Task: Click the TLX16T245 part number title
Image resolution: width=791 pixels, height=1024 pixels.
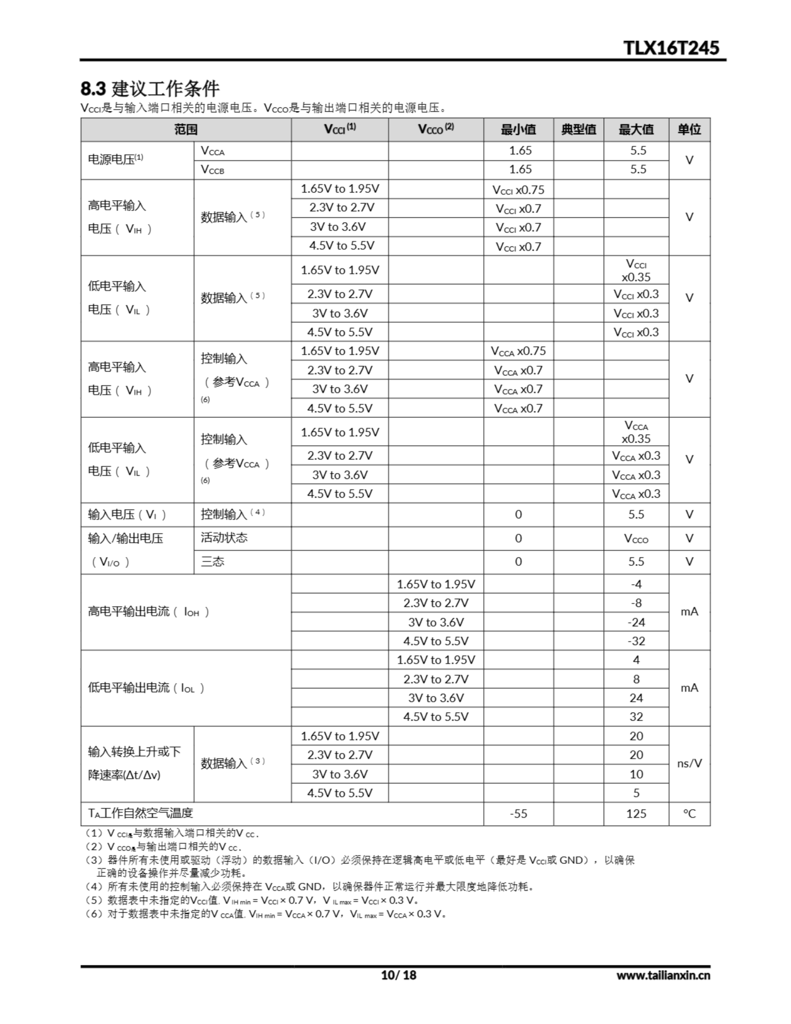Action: [671, 48]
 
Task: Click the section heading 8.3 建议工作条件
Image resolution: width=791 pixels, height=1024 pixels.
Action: [150, 88]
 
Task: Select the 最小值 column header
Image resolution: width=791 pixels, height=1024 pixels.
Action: [518, 130]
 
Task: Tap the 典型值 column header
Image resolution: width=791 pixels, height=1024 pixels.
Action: [579, 130]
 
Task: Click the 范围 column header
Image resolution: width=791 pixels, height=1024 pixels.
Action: [186, 130]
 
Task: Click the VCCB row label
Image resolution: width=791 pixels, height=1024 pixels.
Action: [212, 170]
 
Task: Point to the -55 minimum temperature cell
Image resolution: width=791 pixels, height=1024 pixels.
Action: [518, 814]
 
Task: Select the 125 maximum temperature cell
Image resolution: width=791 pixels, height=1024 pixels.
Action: [636, 814]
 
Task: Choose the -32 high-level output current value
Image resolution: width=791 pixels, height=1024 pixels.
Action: [636, 641]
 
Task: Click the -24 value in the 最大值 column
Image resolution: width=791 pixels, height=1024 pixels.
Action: [636, 622]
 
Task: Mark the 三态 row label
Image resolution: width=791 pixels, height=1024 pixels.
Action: [212, 562]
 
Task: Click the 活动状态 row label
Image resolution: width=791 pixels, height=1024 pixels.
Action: [224, 538]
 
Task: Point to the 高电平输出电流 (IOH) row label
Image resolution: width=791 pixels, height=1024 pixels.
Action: [148, 612]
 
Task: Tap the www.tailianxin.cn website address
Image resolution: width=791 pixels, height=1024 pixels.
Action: [663, 975]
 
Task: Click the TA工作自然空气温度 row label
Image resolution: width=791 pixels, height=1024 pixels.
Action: [140, 814]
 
